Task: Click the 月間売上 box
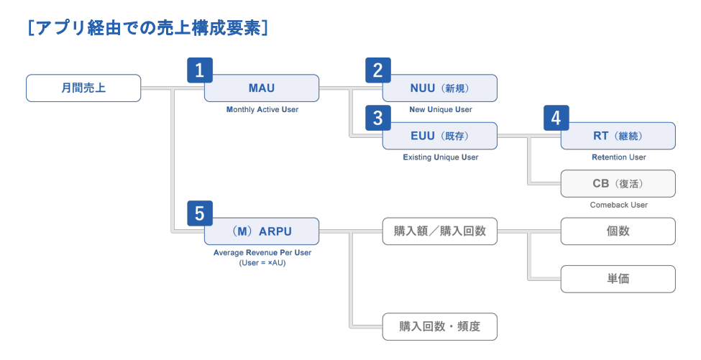[83, 88]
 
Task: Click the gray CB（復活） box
[618, 183]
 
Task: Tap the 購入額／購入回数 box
[440, 231]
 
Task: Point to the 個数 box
[618, 231]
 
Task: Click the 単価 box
[618, 279]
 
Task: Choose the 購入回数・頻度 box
[440, 326]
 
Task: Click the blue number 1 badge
[200, 70]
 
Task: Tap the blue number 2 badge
[378, 70]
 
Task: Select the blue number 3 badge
[378, 118]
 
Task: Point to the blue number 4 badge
[556, 118]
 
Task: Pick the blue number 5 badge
[200, 213]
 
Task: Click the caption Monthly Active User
[262, 110]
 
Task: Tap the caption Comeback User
[619, 205]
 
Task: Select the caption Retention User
[619, 157]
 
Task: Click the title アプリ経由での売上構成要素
[148, 28]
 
